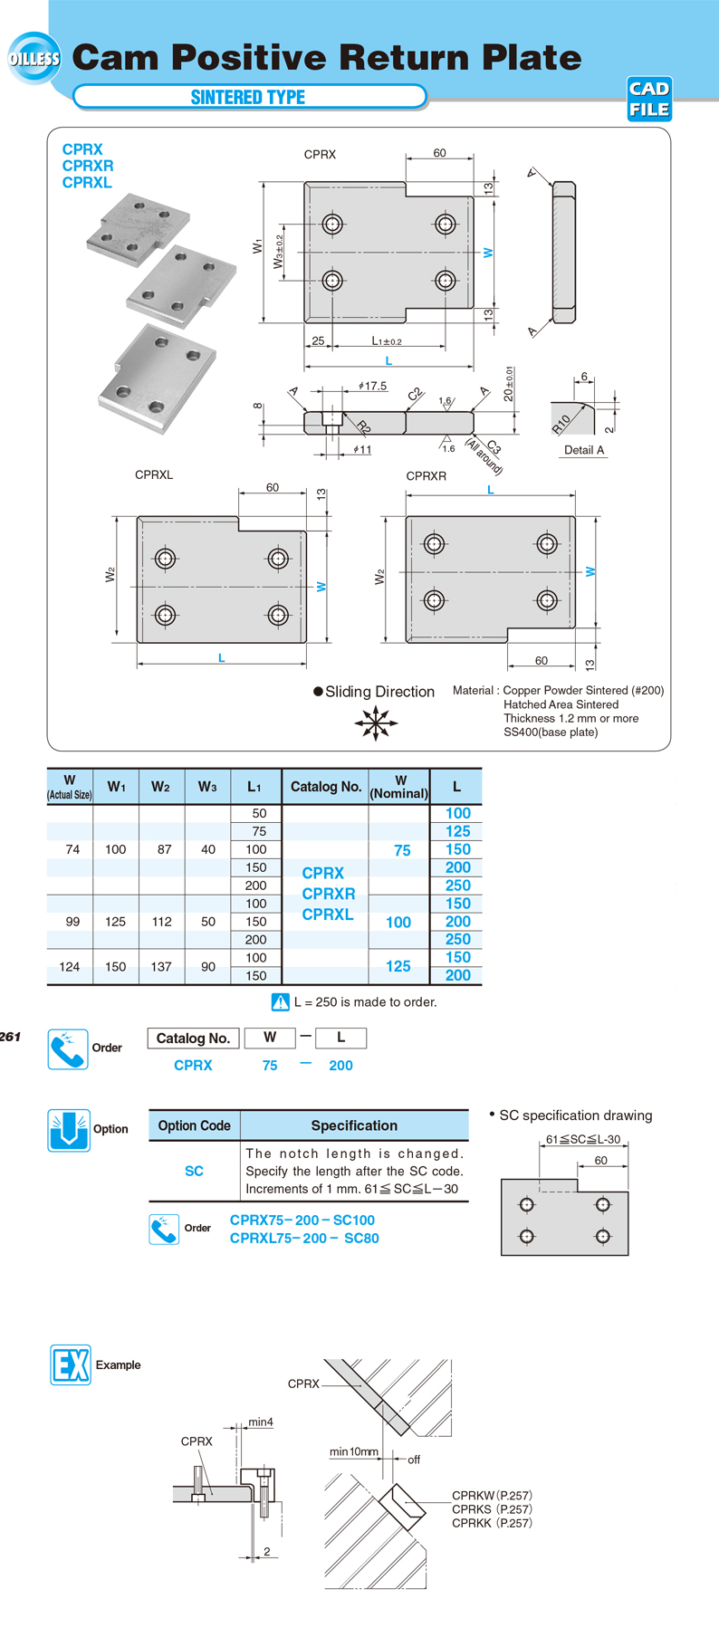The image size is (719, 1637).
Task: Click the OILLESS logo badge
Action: [x=34, y=59]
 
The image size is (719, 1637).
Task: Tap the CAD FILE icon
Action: [x=649, y=99]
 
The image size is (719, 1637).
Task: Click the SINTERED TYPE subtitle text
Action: [x=248, y=97]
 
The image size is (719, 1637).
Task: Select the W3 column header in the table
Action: [x=207, y=787]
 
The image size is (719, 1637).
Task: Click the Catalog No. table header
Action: [x=326, y=787]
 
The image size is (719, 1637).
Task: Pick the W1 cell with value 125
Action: [x=116, y=922]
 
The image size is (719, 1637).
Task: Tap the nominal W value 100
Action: [x=398, y=922]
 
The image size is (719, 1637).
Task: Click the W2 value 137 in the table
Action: [x=161, y=967]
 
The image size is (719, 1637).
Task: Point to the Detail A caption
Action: [x=584, y=450]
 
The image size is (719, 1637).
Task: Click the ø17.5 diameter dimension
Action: [x=372, y=386]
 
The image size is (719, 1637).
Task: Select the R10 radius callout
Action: [x=561, y=423]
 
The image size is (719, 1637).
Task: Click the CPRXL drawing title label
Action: [x=154, y=474]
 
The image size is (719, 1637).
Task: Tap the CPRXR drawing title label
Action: [x=426, y=475]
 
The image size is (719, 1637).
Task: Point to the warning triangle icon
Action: [x=281, y=1002]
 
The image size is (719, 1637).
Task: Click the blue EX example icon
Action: [x=70, y=1364]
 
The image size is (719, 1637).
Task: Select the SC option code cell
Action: [x=194, y=1171]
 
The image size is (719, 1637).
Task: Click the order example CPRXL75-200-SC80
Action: [x=304, y=1238]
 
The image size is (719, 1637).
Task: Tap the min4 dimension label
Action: [x=261, y=1422]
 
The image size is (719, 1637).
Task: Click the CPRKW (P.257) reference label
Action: [x=492, y=1495]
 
